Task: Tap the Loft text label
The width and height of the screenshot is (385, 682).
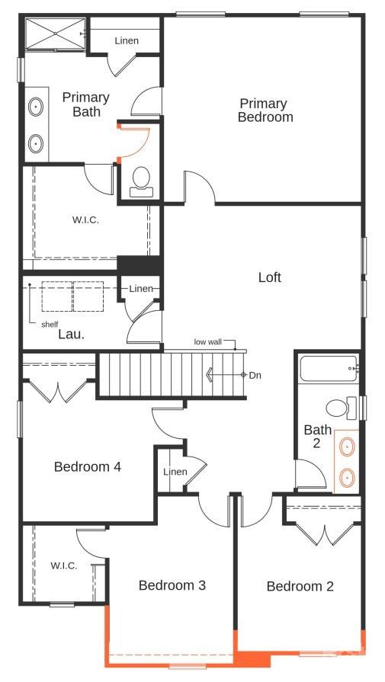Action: click(269, 277)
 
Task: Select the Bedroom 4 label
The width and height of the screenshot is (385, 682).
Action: click(88, 466)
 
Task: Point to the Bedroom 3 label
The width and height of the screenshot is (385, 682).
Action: click(172, 585)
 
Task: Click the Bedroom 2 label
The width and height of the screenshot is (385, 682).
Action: click(300, 586)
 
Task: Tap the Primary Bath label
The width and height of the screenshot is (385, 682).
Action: click(85, 104)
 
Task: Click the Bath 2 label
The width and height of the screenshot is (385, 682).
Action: click(317, 437)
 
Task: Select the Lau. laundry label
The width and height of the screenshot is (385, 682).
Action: click(71, 333)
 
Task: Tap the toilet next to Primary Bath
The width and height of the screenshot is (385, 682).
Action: click(141, 181)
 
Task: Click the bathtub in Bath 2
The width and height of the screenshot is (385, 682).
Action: click(328, 370)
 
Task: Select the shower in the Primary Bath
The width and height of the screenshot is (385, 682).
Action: click(53, 34)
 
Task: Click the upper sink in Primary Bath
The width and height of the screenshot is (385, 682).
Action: click(37, 107)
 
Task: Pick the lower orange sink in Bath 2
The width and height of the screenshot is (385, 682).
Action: click(347, 478)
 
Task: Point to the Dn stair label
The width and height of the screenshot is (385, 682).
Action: click(255, 375)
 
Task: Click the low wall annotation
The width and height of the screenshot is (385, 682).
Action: click(207, 342)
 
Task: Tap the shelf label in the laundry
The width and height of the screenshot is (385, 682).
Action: click(50, 324)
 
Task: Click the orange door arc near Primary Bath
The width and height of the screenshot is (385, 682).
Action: click(136, 142)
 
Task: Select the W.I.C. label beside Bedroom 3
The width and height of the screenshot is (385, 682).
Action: click(63, 565)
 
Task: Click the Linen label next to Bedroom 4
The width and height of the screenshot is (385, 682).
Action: click(175, 472)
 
